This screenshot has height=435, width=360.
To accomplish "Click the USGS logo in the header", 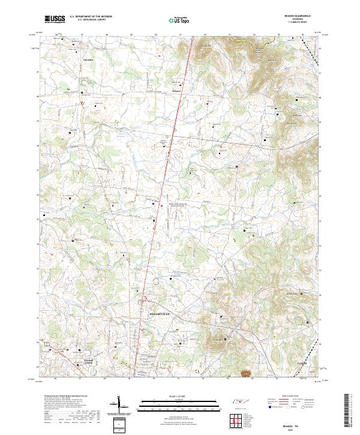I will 55,19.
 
